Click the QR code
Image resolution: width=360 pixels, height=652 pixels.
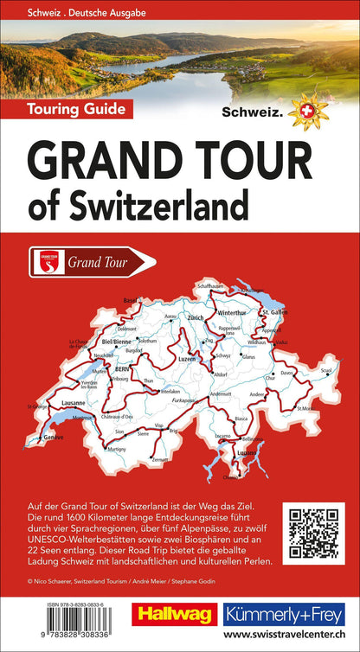point(316,531)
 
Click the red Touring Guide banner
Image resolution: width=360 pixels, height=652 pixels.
point(67,109)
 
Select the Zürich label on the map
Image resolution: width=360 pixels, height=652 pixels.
point(218,318)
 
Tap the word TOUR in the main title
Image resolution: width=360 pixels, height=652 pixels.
point(253,161)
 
